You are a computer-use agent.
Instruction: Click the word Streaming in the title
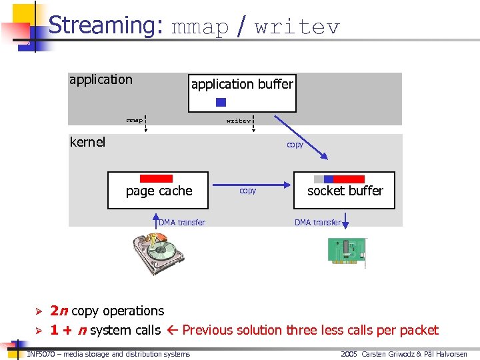(105, 25)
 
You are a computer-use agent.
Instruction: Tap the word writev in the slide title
(297, 27)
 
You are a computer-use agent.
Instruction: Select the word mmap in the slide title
(200, 27)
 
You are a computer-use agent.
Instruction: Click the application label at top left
(101, 80)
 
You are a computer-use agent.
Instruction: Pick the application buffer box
(242, 93)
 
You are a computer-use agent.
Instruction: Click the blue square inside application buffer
(221, 103)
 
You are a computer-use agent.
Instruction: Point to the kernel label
(87, 142)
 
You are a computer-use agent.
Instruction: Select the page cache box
(159, 191)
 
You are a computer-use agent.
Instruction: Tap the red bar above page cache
(157, 179)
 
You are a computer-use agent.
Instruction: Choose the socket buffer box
(345, 191)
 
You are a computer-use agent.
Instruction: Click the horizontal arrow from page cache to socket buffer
(251, 187)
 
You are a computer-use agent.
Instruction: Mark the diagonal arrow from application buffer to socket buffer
(301, 137)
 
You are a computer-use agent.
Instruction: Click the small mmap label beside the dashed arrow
(134, 121)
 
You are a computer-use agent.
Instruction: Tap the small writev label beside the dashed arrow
(238, 121)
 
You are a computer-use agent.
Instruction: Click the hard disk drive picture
(159, 253)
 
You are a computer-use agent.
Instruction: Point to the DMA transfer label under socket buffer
(317, 223)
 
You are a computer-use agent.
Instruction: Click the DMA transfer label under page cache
(182, 223)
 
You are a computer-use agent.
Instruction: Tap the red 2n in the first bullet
(59, 311)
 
